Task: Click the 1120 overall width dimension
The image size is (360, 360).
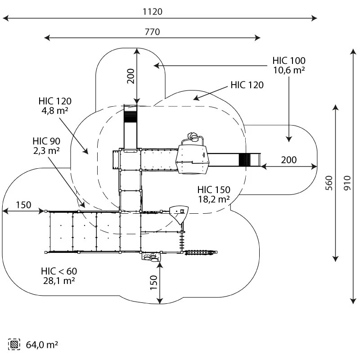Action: [153, 12]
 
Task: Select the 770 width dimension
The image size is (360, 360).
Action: [153, 32]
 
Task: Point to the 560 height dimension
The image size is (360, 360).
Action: [329, 183]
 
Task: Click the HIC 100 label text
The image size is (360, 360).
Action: [289, 61]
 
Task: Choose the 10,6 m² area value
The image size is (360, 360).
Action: [289, 70]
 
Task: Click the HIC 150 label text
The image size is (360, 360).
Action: [214, 189]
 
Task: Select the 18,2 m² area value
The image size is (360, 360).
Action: [214, 198]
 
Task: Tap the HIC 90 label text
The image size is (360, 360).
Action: [46, 141]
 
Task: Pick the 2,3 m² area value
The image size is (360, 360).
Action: [46, 151]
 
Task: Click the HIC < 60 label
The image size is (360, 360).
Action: [59, 271]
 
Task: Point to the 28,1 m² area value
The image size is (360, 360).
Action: [59, 280]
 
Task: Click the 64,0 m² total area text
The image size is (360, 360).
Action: [42, 345]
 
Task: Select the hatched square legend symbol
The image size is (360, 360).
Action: [14, 345]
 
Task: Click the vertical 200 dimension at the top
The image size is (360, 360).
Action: [130, 76]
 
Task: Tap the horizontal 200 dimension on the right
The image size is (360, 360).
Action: [288, 160]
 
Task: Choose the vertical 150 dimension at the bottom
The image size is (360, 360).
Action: [153, 283]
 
